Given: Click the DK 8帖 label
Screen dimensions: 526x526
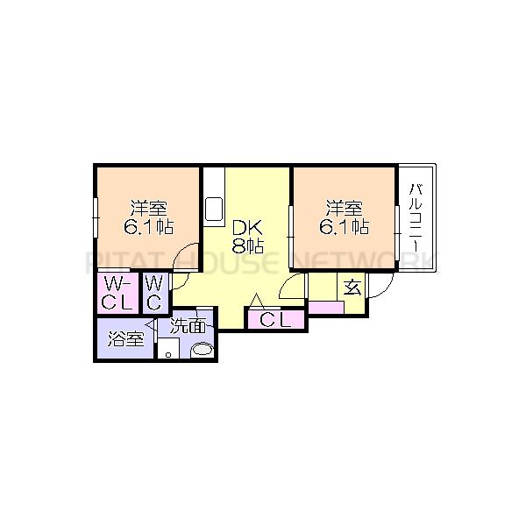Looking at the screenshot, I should click(248, 237).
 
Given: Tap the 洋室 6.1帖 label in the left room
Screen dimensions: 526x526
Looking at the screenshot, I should click(150, 217).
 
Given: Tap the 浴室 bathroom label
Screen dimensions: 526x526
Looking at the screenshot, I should click(125, 339).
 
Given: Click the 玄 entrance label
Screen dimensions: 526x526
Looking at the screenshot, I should click(352, 287).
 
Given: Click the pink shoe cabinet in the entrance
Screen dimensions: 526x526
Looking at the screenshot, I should click(325, 308).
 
